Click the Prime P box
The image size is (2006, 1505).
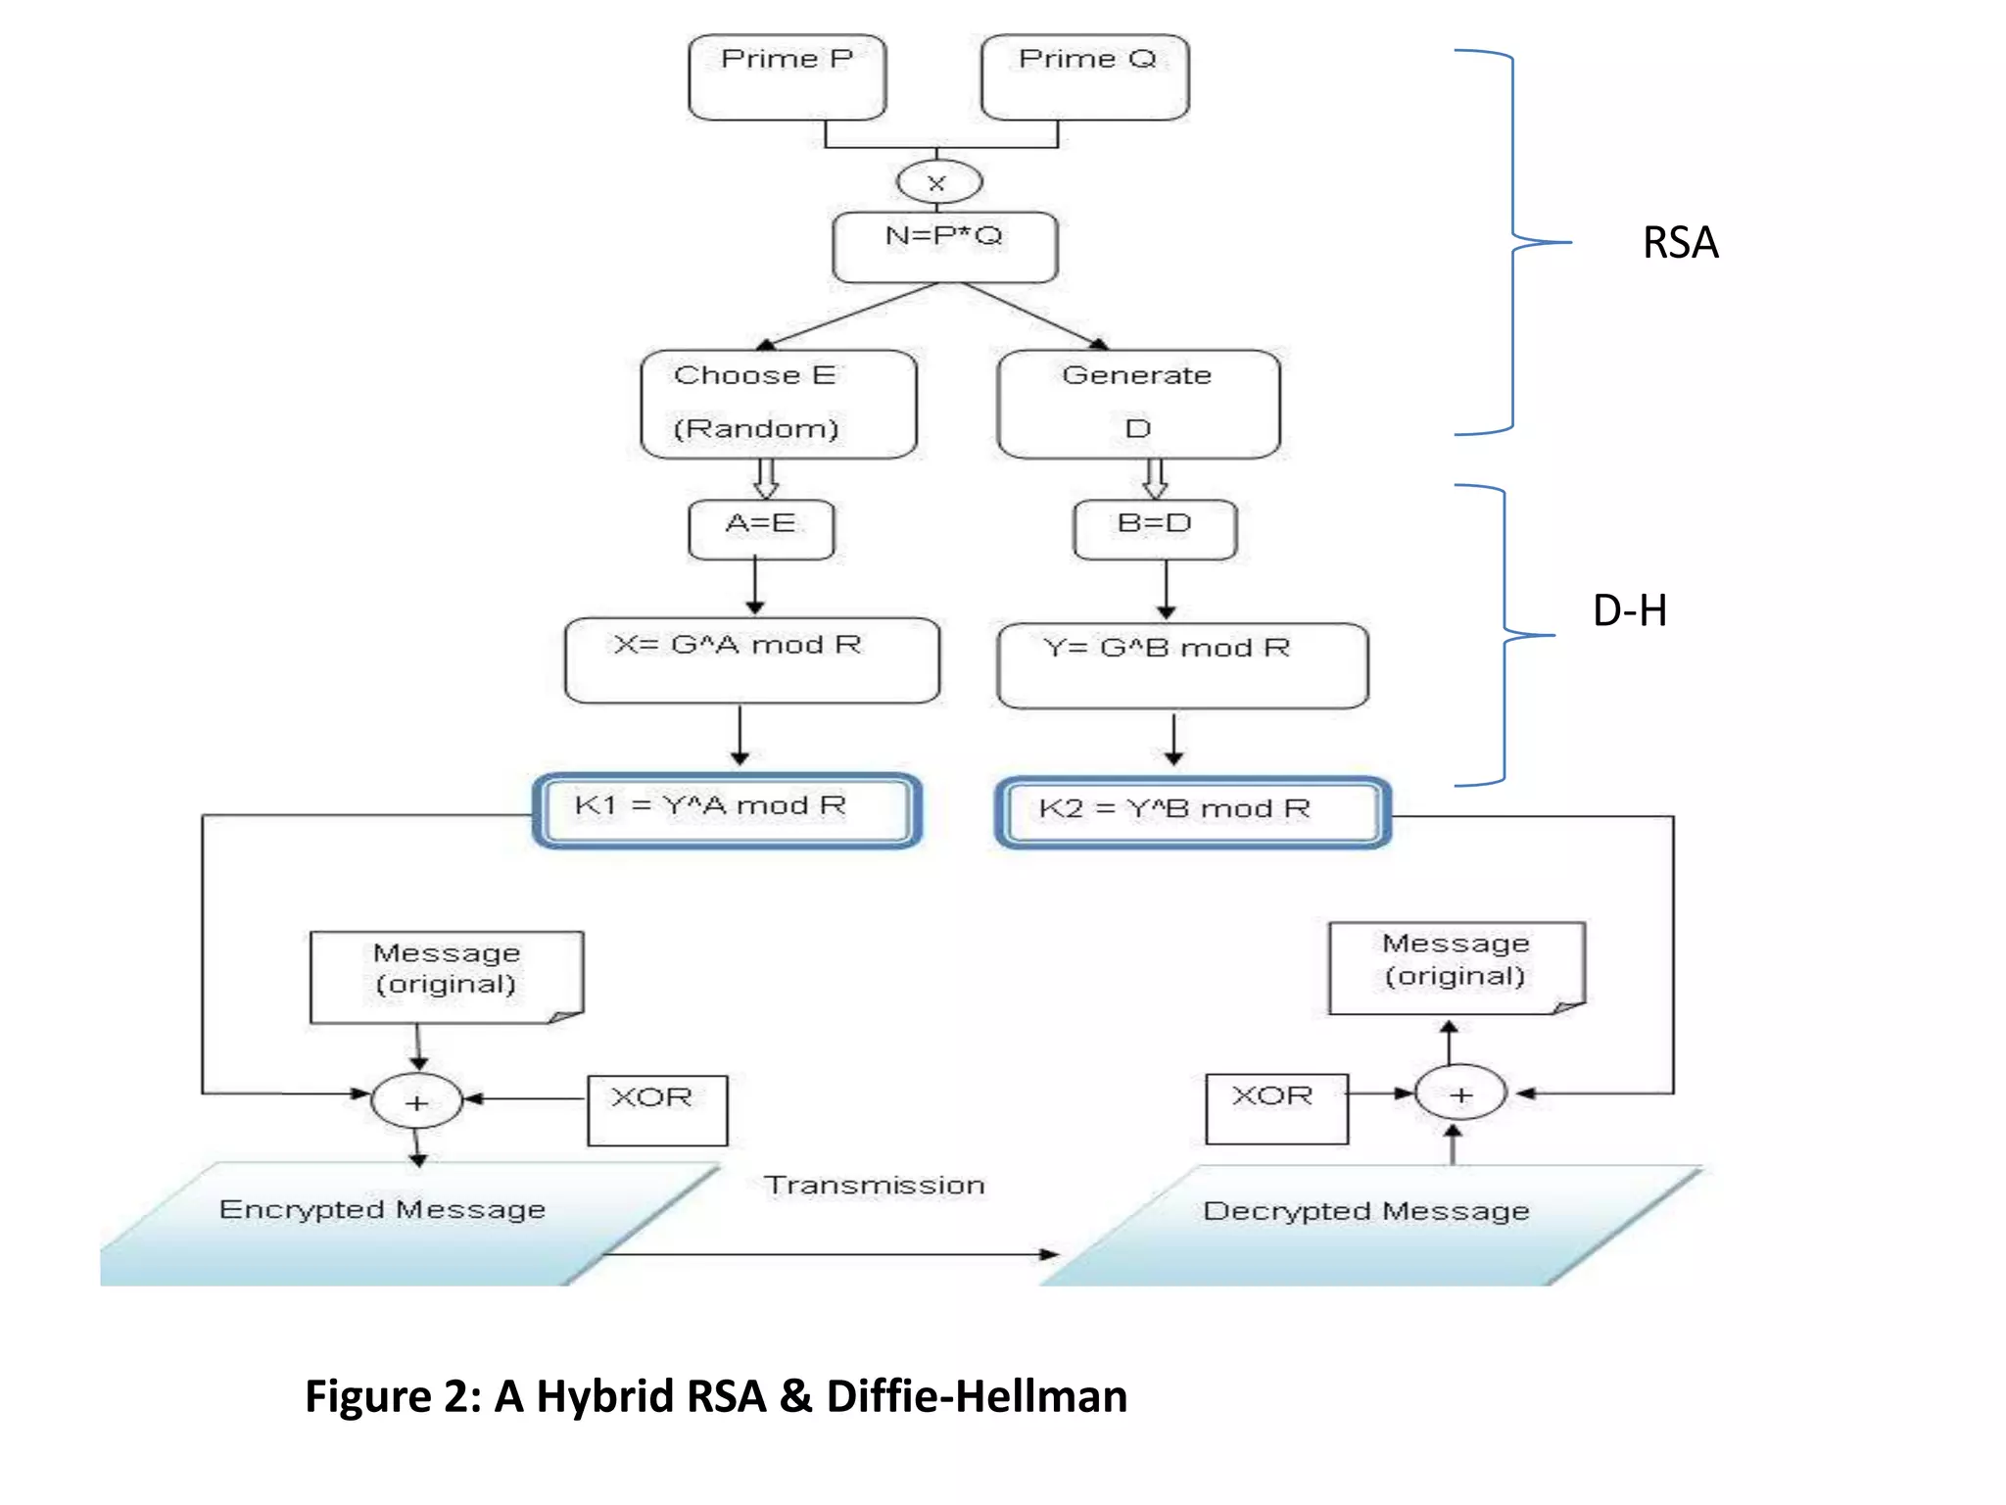coord(787,77)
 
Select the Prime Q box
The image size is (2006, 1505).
coord(1085,77)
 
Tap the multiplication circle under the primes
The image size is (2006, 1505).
coord(938,182)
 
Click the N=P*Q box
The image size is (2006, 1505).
coord(944,247)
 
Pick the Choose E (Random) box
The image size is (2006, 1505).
coord(779,404)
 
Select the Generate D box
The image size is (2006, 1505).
coord(1138,404)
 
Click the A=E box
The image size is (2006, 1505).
coord(761,529)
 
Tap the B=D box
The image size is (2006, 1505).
coord(1155,529)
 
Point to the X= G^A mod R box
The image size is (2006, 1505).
coord(751,659)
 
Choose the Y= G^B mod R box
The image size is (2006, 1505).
coord(1181,665)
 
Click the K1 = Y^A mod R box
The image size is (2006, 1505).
coord(727,809)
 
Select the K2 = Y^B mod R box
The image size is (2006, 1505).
coord(1192,811)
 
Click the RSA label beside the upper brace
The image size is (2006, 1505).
coord(1680,243)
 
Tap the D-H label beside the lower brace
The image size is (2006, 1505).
coord(1630,610)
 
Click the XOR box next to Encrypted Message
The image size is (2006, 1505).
coord(657,1109)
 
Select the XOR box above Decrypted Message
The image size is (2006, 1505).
coord(1276,1108)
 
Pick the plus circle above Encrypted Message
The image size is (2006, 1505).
coord(416,1101)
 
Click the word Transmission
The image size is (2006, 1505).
coord(874,1186)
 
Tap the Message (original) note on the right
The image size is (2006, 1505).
coord(1456,967)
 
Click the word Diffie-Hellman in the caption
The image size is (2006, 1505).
coord(977,1396)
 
